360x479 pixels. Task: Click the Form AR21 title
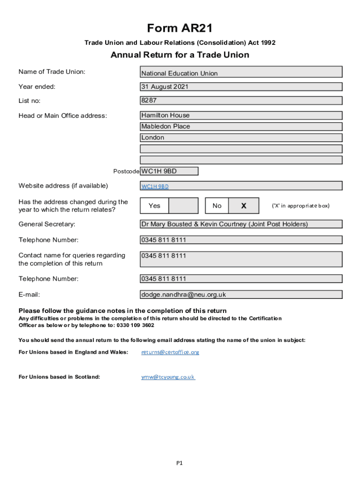tap(180, 29)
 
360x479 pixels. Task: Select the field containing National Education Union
tap(241, 73)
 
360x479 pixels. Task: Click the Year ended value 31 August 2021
tap(241, 87)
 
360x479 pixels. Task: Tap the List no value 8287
tap(241, 101)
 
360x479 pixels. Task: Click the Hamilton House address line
tap(241, 115)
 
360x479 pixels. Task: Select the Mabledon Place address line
tap(241, 126)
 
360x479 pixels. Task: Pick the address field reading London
tap(241, 138)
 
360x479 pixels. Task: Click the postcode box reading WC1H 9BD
tap(169, 171)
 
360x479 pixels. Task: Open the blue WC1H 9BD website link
tap(155, 186)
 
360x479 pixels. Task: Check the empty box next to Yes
tap(183, 206)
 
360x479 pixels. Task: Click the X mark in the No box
tap(244, 206)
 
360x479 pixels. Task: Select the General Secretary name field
tap(241, 224)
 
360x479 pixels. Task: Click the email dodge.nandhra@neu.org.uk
tap(184, 295)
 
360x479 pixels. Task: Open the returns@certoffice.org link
tap(170, 352)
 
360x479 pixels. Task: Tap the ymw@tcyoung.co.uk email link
tap(168, 377)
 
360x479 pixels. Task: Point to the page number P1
tap(180, 463)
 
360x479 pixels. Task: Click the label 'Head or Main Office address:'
tap(63, 116)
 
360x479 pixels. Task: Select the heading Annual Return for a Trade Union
tap(180, 55)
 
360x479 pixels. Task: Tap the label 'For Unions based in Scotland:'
tap(59, 377)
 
